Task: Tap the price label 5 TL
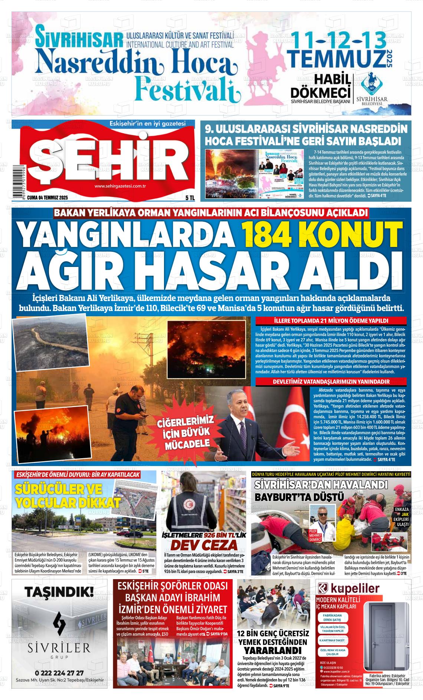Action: coord(190,198)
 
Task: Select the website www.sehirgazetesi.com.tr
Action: coord(119,186)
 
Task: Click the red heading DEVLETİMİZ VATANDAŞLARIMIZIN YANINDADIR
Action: coord(331,382)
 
